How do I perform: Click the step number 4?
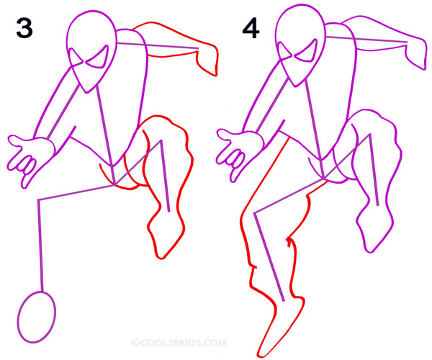click(251, 28)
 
